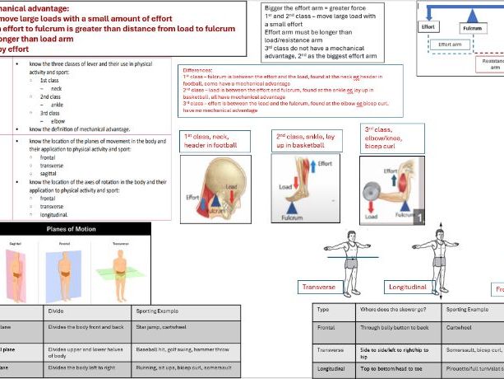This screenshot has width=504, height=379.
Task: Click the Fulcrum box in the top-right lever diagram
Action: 471,27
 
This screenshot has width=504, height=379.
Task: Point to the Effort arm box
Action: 450,44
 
